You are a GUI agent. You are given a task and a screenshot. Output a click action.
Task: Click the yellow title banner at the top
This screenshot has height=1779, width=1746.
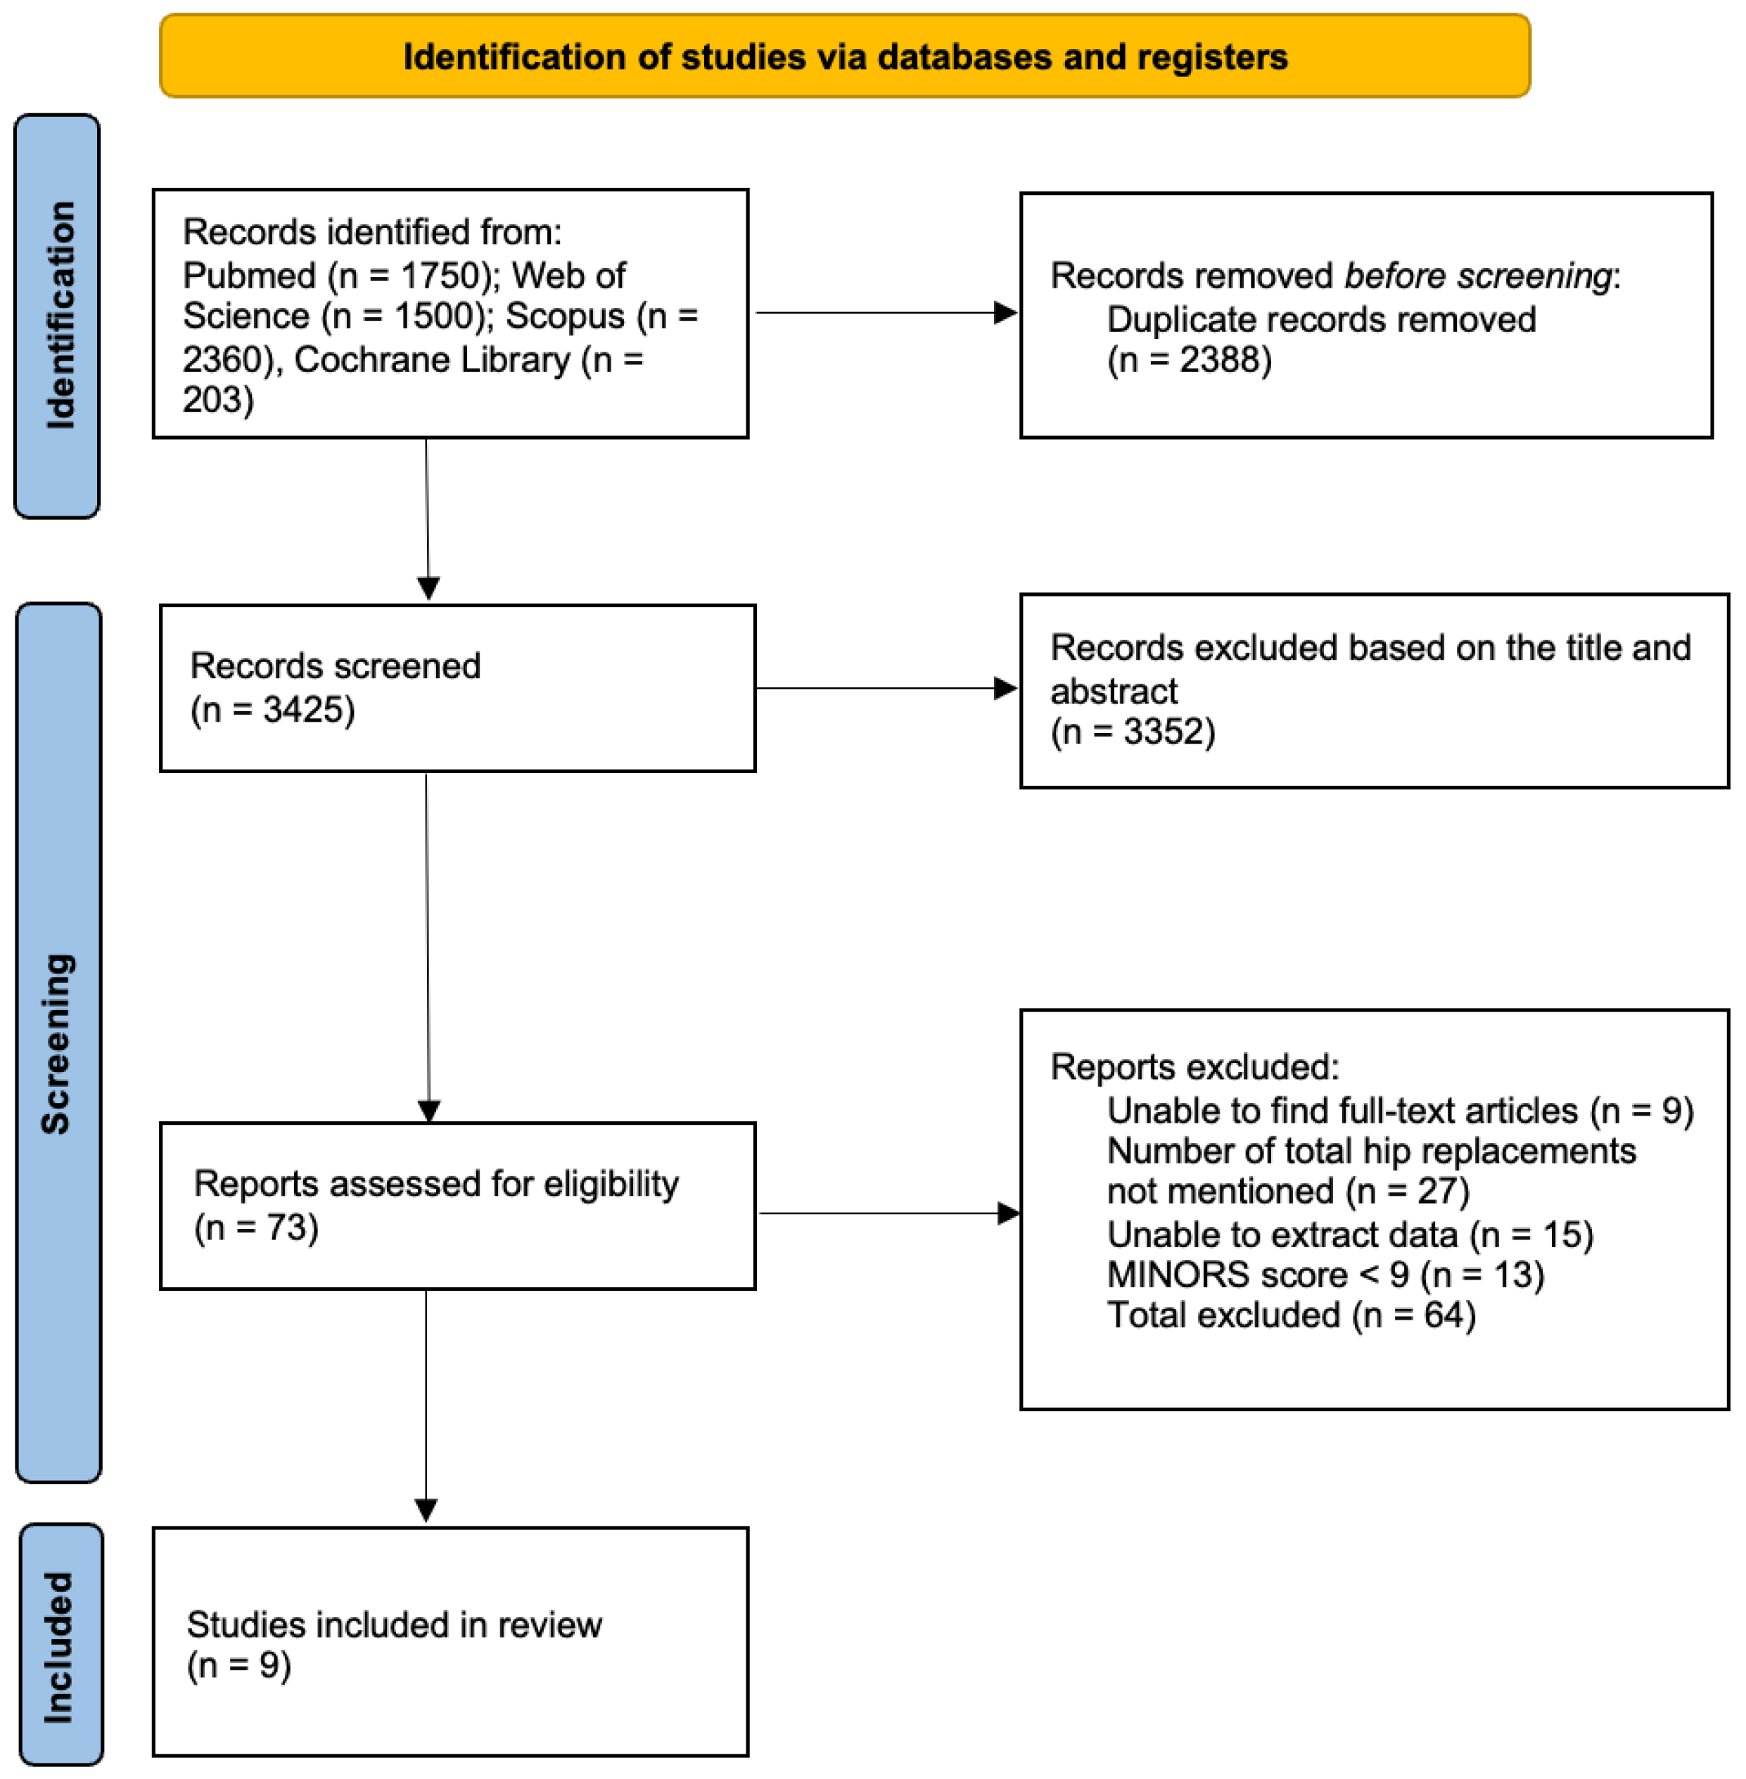pos(845,56)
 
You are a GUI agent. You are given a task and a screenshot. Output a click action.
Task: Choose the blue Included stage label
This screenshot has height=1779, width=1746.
pos(60,1645)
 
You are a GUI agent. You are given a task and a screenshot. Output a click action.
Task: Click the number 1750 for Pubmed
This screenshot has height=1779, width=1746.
pos(440,275)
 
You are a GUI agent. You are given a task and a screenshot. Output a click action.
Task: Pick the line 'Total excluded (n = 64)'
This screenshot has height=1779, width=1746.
pos(1291,1315)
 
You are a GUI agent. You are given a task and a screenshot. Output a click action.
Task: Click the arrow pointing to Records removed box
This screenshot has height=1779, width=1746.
pos(886,313)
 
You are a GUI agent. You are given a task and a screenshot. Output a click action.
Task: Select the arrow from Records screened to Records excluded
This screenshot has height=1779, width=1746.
pos(886,688)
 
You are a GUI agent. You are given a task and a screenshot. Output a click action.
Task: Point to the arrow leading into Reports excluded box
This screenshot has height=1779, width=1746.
pos(889,1213)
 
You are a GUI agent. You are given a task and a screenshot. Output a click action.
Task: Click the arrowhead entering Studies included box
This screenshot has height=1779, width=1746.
pos(426,1510)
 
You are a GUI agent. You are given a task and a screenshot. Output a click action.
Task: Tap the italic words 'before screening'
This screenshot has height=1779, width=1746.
pos(1477,275)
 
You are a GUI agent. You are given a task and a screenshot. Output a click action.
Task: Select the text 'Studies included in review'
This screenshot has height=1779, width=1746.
pos(395,1625)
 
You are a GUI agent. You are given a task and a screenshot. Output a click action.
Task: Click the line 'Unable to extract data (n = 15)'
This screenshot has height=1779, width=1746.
pos(1350,1235)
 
